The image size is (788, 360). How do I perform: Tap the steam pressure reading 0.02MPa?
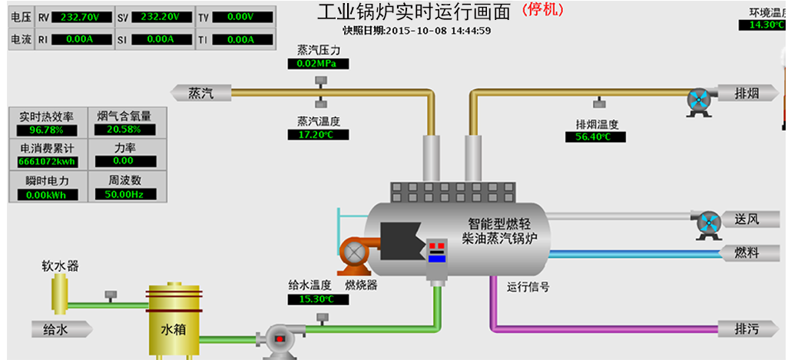(x=318, y=64)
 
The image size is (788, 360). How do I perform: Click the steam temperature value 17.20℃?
(x=318, y=135)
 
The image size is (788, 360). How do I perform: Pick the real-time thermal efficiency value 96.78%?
(x=46, y=130)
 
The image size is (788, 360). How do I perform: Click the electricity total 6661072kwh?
(x=46, y=162)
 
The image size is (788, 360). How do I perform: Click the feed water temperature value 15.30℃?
(x=318, y=299)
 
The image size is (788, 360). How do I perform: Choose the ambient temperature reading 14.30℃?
(x=763, y=25)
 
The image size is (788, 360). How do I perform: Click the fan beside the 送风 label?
(x=706, y=223)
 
